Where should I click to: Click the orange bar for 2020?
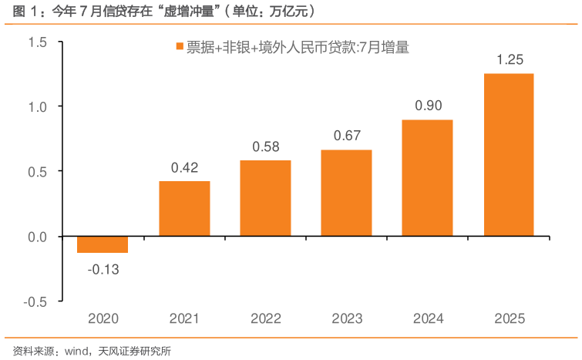tap(103, 244)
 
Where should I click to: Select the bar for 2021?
tap(184, 208)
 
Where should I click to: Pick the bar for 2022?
tap(265, 198)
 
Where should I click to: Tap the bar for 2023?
tap(346, 193)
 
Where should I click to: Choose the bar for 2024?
tap(428, 178)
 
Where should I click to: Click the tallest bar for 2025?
tap(509, 154)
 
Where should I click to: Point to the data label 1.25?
tap(509, 59)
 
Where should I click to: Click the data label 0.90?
tap(428, 106)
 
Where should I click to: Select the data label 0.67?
tap(346, 136)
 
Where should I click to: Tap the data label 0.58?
tap(265, 146)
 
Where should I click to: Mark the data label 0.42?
tap(184, 167)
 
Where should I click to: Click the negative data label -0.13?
tap(103, 269)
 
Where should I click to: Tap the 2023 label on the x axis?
tap(346, 318)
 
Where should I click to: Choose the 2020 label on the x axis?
tap(103, 318)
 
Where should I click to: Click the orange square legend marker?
tap(179, 48)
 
